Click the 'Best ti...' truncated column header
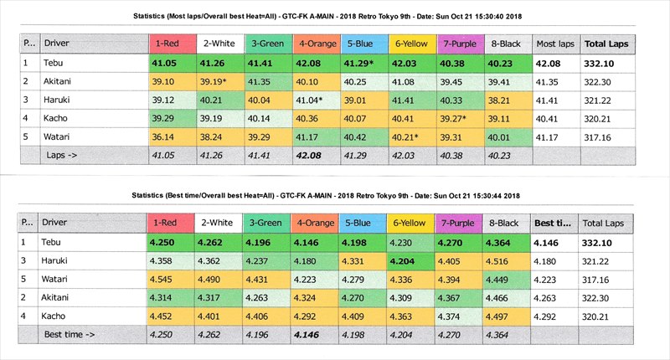[x=553, y=224]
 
